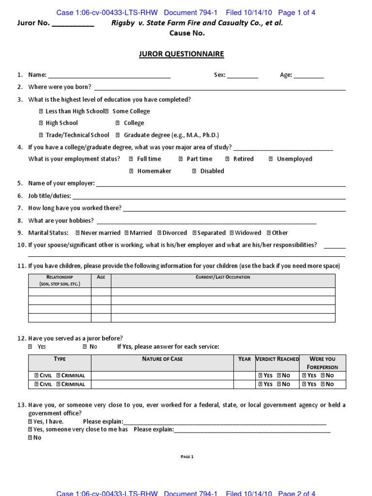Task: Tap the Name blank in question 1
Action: click(109, 76)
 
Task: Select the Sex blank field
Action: click(242, 76)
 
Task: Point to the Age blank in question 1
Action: click(309, 76)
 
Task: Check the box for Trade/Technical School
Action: click(41, 135)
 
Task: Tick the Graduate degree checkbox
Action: click(119, 135)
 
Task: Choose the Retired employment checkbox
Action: click(228, 159)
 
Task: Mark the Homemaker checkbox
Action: click(131, 171)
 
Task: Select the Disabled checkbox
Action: click(194, 171)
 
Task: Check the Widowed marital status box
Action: click(232, 233)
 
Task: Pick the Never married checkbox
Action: click(77, 233)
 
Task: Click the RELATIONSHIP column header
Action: click(60, 280)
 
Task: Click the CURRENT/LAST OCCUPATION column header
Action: click(223, 278)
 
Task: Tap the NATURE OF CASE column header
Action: click(162, 359)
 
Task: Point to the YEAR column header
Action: click(245, 359)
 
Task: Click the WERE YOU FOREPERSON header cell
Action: click(322, 363)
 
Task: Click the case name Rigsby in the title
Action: click(122, 23)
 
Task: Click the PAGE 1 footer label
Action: click(186, 456)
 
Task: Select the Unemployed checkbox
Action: click(271, 159)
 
